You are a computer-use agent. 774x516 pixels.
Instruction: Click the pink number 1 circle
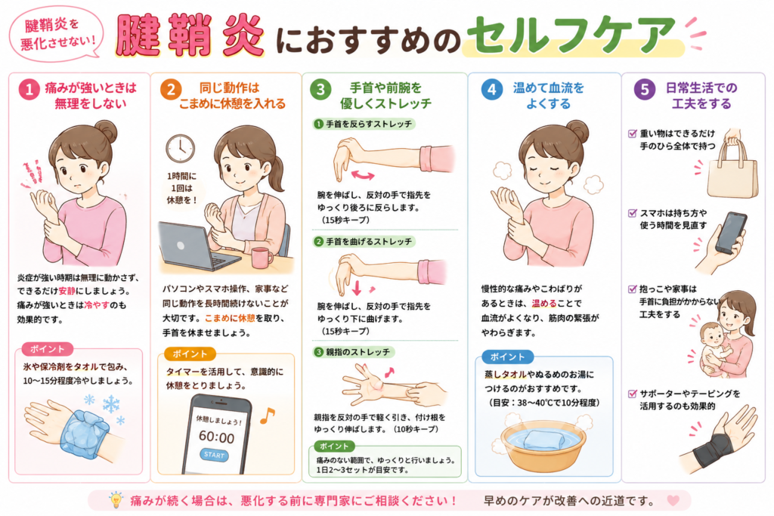tap(29, 90)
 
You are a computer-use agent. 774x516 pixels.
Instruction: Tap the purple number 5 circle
tap(644, 90)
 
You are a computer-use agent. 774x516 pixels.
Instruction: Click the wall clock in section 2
tap(180, 148)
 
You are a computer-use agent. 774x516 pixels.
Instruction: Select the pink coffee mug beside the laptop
tap(261, 258)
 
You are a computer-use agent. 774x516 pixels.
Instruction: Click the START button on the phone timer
tap(214, 455)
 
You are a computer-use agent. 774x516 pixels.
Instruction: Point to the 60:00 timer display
tap(216, 437)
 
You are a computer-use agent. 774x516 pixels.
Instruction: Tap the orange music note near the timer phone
tap(267, 416)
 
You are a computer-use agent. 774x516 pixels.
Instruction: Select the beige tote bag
tap(732, 170)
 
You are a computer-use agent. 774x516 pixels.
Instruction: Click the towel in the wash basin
tap(543, 440)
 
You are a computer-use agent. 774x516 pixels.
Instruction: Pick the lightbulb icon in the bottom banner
tap(116, 499)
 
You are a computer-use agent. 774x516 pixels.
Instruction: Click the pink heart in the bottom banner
tap(673, 500)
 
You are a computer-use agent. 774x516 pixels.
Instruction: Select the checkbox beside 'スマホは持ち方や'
tap(632, 213)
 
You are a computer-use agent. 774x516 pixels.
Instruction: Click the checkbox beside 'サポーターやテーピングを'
tap(632, 394)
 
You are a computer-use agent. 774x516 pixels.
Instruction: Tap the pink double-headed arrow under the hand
tap(363, 175)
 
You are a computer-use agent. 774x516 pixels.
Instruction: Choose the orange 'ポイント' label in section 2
tap(190, 354)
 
